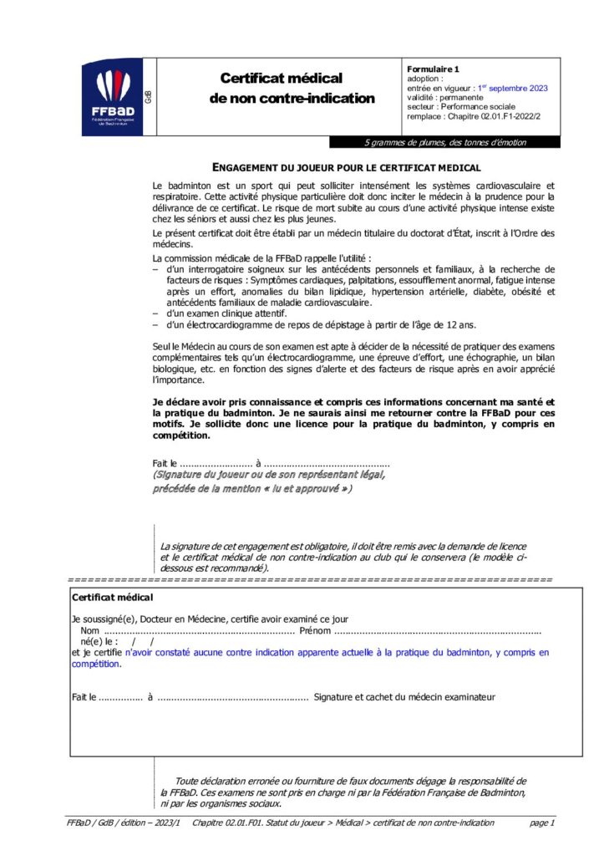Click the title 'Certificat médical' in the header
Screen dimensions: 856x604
[281, 78]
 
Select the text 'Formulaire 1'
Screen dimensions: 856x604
[433, 69]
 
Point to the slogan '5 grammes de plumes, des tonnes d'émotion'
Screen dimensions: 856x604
[445, 142]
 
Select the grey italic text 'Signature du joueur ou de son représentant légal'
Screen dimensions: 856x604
[269, 475]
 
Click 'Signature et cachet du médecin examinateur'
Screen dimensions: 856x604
[404, 696]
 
